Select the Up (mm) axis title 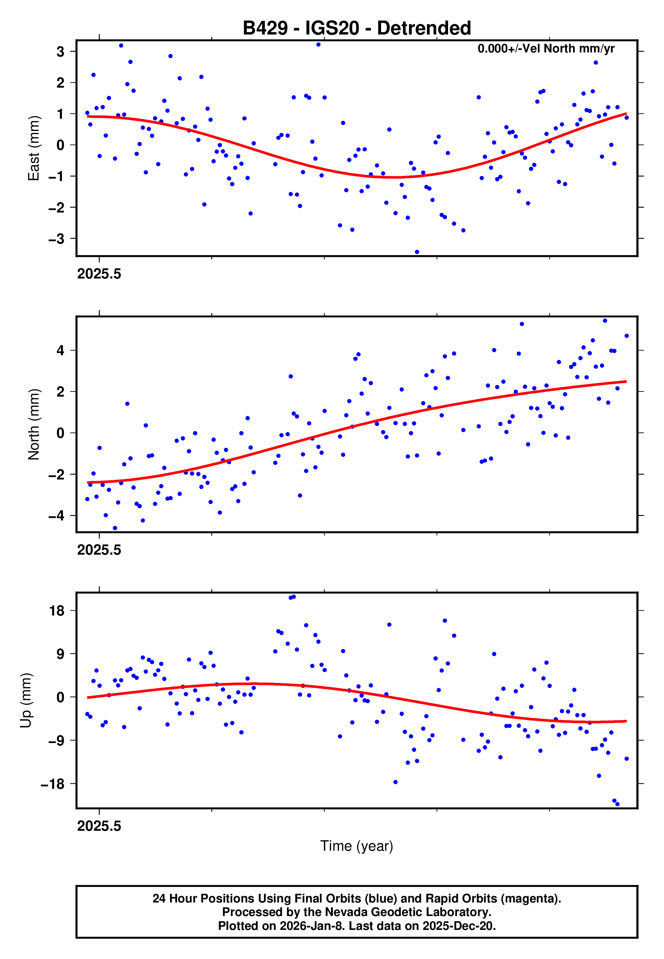26,700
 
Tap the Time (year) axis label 357,846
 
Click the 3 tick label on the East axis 61,51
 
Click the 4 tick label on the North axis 61,350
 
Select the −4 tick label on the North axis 57,516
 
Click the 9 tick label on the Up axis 61,654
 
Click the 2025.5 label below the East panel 99,274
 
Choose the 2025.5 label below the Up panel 99,826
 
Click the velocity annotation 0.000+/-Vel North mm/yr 546,49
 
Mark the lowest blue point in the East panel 417,252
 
